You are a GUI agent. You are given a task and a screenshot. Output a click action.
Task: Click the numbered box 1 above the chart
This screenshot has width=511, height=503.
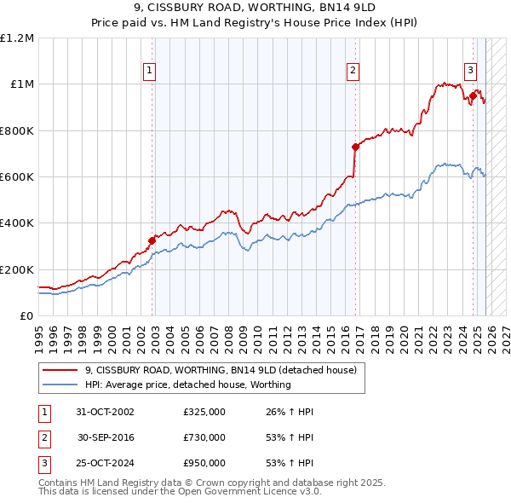[x=150, y=72]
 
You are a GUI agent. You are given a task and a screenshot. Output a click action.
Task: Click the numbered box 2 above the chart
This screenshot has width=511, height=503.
[x=353, y=72]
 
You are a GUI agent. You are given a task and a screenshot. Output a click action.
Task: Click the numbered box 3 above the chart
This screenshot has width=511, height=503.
[x=470, y=72]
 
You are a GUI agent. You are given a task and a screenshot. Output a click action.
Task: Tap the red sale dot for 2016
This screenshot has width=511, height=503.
[x=356, y=147]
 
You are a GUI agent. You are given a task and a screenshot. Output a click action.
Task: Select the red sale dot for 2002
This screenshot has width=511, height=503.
[x=152, y=240]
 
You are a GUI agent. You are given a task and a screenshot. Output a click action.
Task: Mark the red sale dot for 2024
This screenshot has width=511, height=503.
[x=474, y=95]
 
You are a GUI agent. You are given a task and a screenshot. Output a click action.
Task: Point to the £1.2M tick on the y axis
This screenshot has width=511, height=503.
[x=17, y=38]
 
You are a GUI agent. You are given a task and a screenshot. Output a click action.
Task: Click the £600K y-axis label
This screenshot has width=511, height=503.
[x=17, y=176]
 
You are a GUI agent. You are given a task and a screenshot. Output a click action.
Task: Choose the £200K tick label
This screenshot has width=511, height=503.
[x=17, y=269]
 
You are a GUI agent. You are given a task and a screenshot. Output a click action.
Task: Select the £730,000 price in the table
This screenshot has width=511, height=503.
[x=204, y=437]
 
